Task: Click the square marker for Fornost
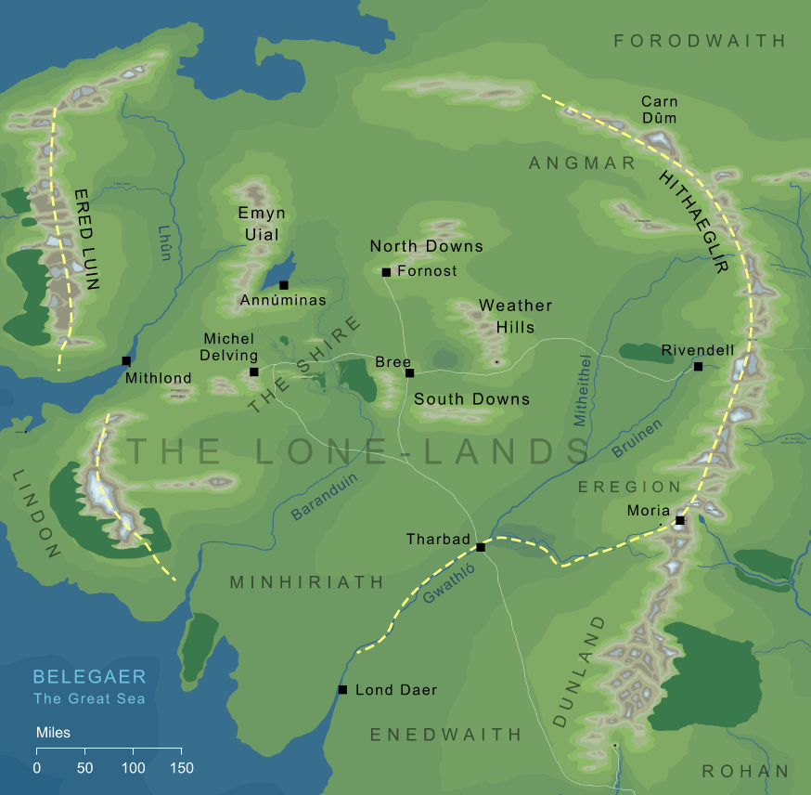click(x=386, y=272)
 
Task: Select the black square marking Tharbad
click(x=481, y=547)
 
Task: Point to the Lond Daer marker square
click(x=342, y=690)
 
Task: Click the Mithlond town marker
click(x=125, y=360)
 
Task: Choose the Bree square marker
click(x=409, y=373)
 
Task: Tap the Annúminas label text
click(x=283, y=301)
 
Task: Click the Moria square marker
click(x=680, y=520)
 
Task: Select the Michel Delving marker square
click(x=254, y=372)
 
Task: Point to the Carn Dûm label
click(x=659, y=110)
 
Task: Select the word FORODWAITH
click(x=700, y=41)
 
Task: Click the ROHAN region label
click(x=745, y=771)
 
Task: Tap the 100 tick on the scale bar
click(x=134, y=768)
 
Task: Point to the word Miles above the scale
click(x=53, y=733)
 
